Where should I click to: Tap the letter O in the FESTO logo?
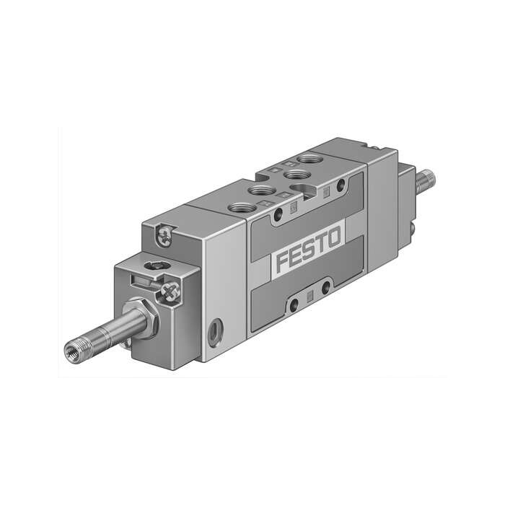333,237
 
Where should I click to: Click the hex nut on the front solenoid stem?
146,318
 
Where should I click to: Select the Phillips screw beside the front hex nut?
170,291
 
